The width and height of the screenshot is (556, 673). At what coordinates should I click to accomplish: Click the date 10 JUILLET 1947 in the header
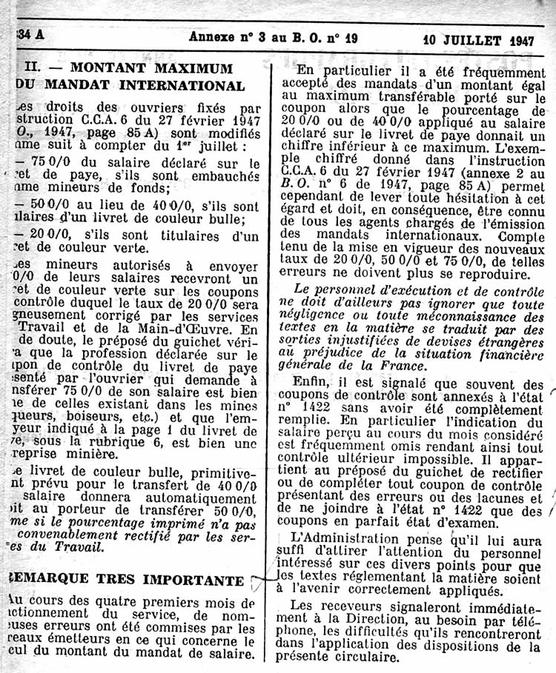click(479, 40)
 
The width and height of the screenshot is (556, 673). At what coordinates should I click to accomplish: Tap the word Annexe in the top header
click(211, 38)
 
